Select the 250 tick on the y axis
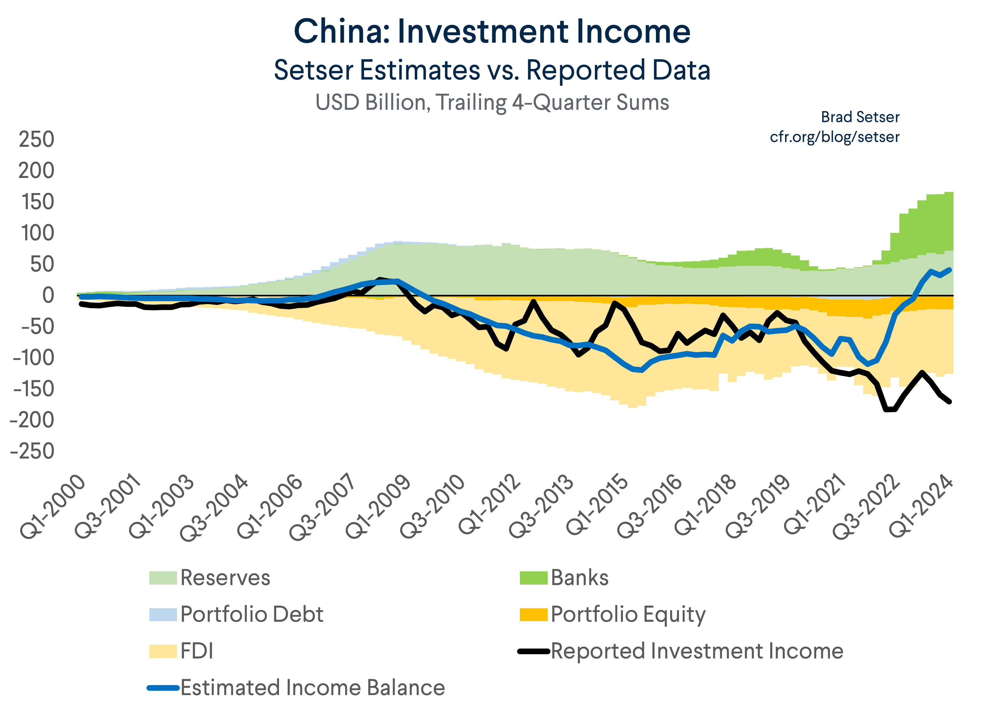tap(37, 140)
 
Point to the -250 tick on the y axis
tap(32, 451)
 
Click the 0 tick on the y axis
tap(48, 295)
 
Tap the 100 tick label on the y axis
tap(37, 233)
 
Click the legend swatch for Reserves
tap(163, 578)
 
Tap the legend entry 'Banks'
tap(579, 578)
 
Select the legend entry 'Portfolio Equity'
tap(628, 614)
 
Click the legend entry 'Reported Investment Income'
tap(697, 651)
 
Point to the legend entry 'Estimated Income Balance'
tap(312, 688)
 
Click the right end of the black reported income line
tap(949, 401)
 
